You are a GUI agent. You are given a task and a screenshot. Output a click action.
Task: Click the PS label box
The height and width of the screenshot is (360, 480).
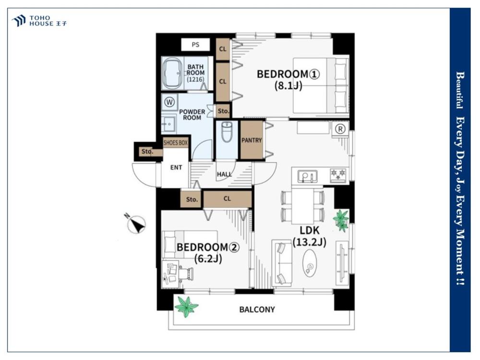(x=195, y=45)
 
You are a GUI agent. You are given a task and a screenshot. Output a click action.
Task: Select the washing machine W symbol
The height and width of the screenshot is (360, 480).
(x=169, y=102)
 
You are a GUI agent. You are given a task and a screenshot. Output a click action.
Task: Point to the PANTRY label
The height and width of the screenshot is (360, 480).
(x=252, y=140)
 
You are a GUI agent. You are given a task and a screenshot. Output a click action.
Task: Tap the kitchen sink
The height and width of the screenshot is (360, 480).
(x=307, y=176)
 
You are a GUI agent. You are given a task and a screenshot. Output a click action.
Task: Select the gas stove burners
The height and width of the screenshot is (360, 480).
(x=338, y=175)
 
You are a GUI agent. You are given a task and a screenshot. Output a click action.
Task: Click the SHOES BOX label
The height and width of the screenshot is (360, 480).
(x=176, y=143)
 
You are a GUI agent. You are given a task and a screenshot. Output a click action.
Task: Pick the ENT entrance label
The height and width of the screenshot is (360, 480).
(x=176, y=168)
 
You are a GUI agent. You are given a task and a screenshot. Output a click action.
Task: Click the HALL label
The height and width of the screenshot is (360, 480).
(x=224, y=174)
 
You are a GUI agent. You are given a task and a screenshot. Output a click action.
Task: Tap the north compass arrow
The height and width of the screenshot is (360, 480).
(x=136, y=224)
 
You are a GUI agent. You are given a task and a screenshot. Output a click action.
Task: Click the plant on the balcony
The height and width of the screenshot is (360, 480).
(x=186, y=306)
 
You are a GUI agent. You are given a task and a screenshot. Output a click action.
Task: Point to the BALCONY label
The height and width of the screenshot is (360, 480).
(x=257, y=310)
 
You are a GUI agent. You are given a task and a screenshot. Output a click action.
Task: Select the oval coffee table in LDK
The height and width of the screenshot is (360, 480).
(x=311, y=263)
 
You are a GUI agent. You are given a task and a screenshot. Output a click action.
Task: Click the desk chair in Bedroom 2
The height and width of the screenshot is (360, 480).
(x=186, y=273)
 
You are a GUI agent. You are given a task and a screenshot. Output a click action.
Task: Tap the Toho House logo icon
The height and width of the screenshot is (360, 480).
(x=19, y=21)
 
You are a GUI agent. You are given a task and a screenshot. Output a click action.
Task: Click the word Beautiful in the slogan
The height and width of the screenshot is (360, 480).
(x=460, y=90)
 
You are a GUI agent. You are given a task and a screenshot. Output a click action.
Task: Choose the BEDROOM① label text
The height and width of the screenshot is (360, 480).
(x=288, y=74)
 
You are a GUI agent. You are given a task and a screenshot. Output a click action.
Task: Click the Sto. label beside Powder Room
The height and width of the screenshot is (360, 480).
(x=223, y=111)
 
